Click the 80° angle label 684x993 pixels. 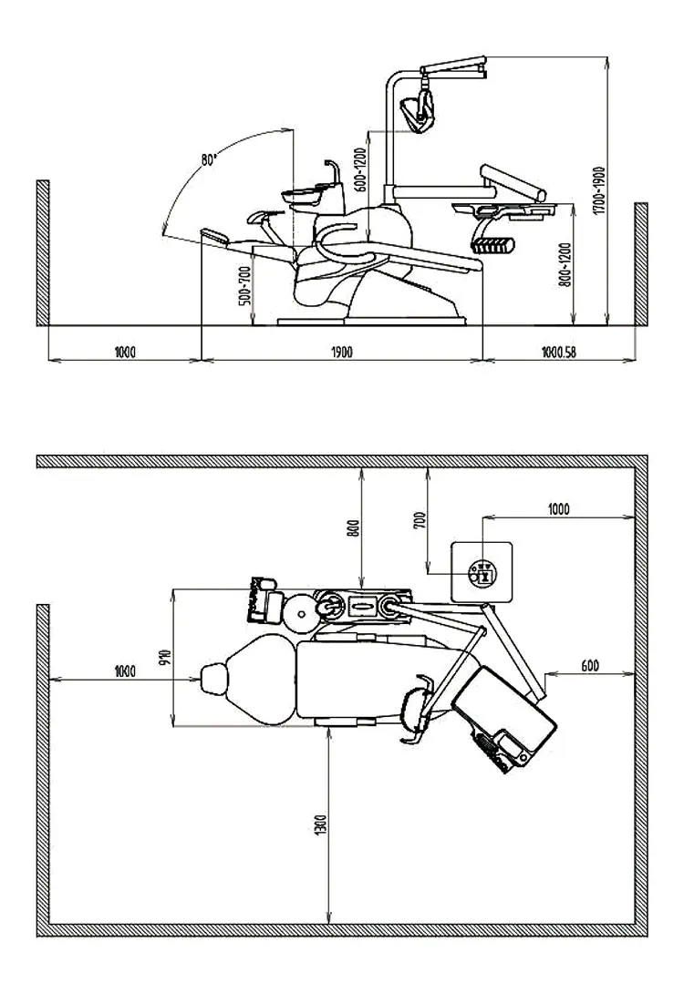click(210, 160)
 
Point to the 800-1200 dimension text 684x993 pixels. click(565, 264)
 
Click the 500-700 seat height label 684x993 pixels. click(243, 284)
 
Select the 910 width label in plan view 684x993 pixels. click(165, 658)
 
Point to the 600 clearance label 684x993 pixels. click(589, 666)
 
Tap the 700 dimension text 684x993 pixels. click(419, 520)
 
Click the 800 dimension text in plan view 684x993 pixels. click(354, 527)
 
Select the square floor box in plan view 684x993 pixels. click(482, 571)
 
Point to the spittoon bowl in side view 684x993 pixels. click(306, 192)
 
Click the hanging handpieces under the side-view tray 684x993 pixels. click(492, 243)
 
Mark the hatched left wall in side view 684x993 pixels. click(42, 252)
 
